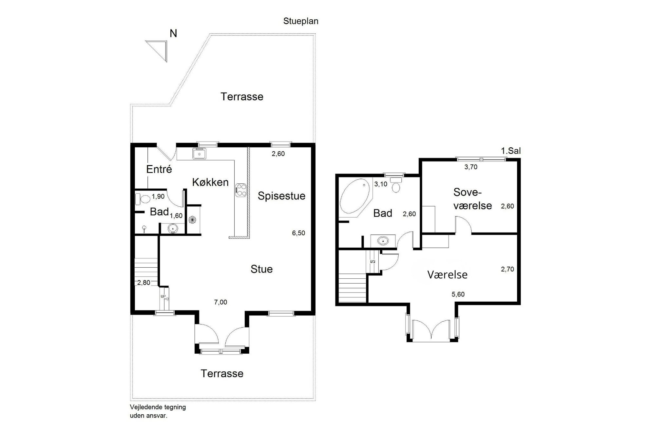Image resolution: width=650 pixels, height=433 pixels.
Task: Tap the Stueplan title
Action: [x=301, y=21]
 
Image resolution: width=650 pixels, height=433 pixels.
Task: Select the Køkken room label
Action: [x=210, y=182]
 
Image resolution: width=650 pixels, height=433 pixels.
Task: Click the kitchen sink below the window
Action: [x=199, y=153]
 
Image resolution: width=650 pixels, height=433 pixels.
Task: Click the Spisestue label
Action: [x=281, y=196]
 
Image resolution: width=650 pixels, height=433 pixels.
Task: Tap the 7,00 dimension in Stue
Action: [x=220, y=302]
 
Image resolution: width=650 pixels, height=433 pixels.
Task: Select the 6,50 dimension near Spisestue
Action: [x=298, y=233]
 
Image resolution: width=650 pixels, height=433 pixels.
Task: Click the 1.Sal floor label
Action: [x=511, y=151]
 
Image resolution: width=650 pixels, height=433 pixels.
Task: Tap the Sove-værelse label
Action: [x=472, y=199]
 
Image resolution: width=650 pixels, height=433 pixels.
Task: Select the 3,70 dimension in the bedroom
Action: [x=471, y=167]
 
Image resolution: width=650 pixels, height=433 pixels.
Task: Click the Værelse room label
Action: [x=447, y=275]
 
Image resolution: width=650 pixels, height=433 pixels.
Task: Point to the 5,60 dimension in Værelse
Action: [x=458, y=294]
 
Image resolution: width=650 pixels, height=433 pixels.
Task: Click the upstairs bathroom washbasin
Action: [x=383, y=241]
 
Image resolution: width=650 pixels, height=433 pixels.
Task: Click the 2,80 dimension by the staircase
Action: [x=143, y=283]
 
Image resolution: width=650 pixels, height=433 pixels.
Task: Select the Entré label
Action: [x=159, y=169]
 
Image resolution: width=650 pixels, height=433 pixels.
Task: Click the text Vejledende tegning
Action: [x=158, y=407]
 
